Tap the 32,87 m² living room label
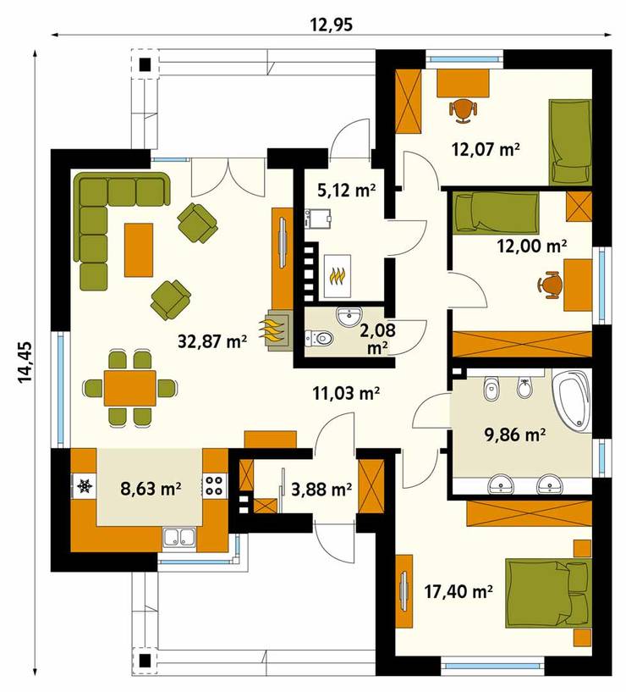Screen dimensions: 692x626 [211, 340]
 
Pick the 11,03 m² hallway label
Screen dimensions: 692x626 [344, 392]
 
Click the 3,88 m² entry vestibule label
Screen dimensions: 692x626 [321, 489]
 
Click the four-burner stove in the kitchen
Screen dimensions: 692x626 [215, 487]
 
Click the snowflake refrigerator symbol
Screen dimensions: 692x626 [85, 487]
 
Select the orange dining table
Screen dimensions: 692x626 [129, 389]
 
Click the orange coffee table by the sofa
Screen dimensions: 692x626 [139, 249]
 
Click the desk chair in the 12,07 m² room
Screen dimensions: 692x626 [463, 109]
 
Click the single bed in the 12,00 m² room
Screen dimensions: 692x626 [494, 212]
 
